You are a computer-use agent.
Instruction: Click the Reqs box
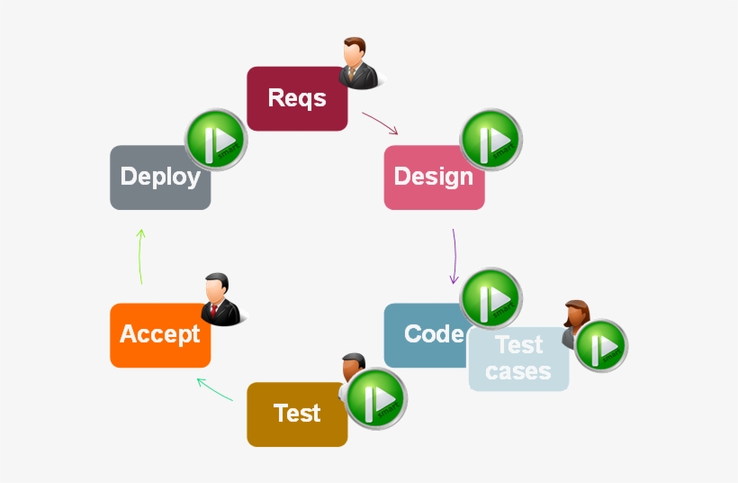point(297,98)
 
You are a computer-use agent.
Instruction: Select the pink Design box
point(434,178)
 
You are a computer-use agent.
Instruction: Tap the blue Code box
point(423,335)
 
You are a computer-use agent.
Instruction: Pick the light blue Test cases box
point(518,359)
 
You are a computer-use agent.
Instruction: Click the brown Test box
point(297,414)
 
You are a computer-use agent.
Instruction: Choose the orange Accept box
point(160,335)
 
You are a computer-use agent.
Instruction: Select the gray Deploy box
point(160,178)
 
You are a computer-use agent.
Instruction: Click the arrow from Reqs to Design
point(380,123)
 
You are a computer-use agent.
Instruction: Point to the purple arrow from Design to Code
point(454,256)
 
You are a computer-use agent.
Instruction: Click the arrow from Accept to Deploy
point(140,257)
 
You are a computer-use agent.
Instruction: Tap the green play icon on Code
point(491,298)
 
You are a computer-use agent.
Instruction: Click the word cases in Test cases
point(518,370)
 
